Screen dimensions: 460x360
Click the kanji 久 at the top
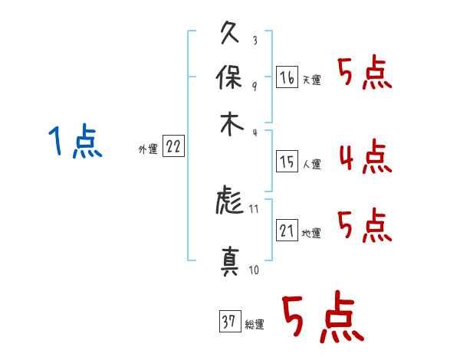(230, 32)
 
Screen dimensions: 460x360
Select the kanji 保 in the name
(229, 77)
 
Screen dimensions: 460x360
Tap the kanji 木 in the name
(232, 124)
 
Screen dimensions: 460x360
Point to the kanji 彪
(230, 200)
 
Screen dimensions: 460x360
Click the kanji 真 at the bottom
(230, 261)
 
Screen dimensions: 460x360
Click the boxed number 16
(287, 77)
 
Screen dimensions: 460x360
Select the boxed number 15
(287, 162)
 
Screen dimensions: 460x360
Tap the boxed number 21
(287, 230)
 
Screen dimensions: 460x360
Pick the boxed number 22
(174, 146)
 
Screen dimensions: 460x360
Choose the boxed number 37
(230, 321)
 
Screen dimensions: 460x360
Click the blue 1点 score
(75, 141)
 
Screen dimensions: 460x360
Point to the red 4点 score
(366, 156)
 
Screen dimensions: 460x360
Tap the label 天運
(311, 80)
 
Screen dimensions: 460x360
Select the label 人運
(312, 164)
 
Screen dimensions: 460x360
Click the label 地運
(311, 233)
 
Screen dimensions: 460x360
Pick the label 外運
(148, 149)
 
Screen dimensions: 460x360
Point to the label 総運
(255, 324)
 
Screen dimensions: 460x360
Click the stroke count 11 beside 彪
(254, 209)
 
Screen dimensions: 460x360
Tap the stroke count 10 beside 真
(254, 270)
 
